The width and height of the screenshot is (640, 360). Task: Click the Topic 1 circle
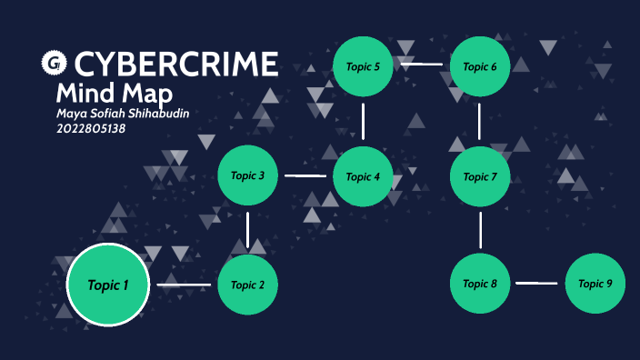coord(108,285)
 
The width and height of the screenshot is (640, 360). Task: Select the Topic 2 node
coord(247,285)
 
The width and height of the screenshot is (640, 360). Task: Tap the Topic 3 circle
coord(247,175)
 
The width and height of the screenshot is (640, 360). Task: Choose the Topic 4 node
coord(363,176)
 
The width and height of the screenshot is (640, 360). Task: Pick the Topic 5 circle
coord(363,65)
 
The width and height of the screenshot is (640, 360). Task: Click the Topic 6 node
coord(480,65)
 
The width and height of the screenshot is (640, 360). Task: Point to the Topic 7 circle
coord(480,176)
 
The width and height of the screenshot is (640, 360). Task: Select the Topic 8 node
coord(480,284)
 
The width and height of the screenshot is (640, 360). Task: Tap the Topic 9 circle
coord(595,284)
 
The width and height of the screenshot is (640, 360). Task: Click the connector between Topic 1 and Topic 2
coord(184,285)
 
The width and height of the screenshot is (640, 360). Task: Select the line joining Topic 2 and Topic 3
coord(247,229)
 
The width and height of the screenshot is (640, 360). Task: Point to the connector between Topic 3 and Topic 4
coord(305,175)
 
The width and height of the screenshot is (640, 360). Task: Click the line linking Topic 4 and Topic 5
coord(363,121)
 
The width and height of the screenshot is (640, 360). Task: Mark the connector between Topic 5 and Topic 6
coord(421,65)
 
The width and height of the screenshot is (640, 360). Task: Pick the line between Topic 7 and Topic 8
coord(480,230)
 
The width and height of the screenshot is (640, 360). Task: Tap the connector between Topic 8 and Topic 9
coord(536,284)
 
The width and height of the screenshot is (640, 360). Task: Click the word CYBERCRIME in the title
coord(175,65)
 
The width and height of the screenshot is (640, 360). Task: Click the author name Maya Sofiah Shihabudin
coord(125,114)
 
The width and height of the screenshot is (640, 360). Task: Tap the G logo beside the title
coord(55,64)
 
